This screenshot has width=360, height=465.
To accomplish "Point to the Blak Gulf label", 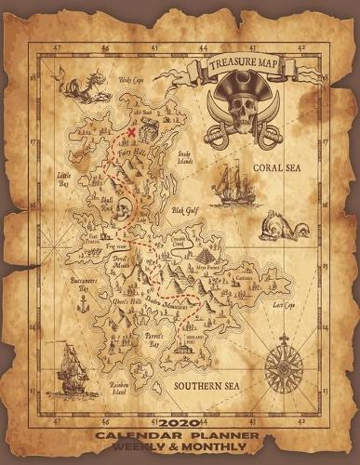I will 185,211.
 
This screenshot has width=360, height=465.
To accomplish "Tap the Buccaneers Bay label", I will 82,283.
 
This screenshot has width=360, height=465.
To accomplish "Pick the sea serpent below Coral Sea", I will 280,223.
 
